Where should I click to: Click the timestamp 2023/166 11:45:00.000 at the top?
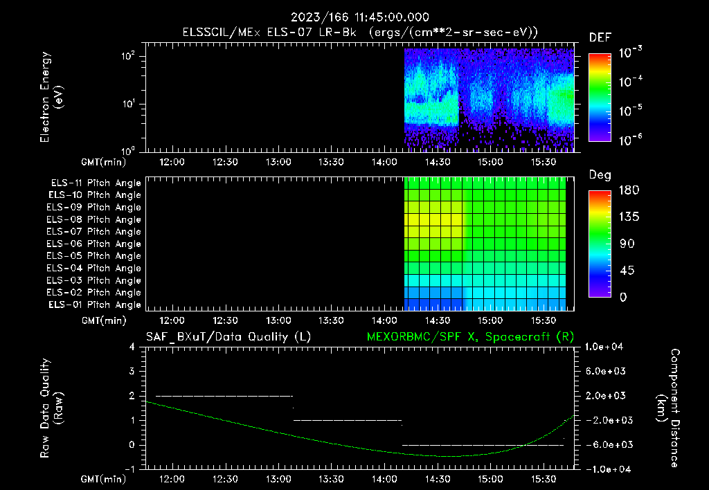(354, 17)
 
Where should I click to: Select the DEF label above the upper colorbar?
(600, 37)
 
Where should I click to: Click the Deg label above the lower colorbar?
(600, 174)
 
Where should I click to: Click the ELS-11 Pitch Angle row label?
(95, 183)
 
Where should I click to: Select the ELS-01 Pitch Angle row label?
(95, 305)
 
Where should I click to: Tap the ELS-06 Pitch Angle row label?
(95, 244)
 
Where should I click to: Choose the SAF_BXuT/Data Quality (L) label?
(228, 337)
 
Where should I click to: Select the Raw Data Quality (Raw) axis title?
(52, 408)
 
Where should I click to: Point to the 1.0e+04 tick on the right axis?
(607, 347)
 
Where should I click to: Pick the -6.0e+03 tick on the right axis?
(606, 444)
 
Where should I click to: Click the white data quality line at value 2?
(224, 396)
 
